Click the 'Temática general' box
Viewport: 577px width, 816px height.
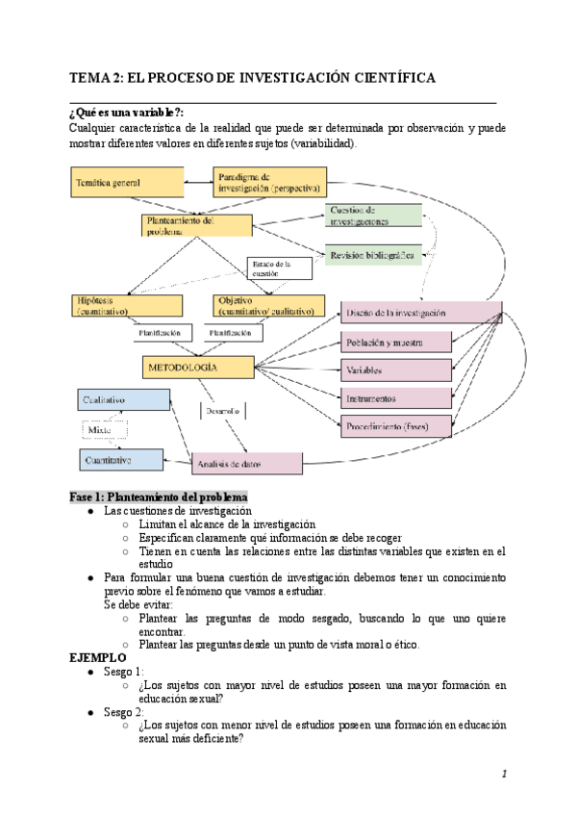coord(127,182)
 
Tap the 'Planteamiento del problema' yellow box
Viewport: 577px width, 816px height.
coord(195,224)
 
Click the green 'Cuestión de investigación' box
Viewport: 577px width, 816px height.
coord(373,216)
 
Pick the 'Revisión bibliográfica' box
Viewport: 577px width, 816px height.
coord(373,256)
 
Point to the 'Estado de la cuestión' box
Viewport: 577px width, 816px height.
coord(280,268)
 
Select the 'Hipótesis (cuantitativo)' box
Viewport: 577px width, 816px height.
coord(126,306)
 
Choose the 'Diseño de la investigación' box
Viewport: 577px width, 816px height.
coord(421,313)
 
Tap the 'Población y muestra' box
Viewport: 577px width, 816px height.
coord(396,342)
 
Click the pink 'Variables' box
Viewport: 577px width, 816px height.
coord(396,370)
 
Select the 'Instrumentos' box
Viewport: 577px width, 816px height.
coord(396,398)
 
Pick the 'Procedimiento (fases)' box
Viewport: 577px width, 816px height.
coord(396,425)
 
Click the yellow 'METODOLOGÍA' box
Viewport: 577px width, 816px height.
coord(200,368)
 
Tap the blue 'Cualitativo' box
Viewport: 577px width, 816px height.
coord(123,399)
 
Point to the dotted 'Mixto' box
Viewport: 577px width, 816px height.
coord(105,430)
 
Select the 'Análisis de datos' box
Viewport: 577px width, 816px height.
coord(247,463)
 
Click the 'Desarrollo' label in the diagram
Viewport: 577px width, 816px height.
coord(223,411)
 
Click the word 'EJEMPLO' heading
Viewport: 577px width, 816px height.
coord(98,657)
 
